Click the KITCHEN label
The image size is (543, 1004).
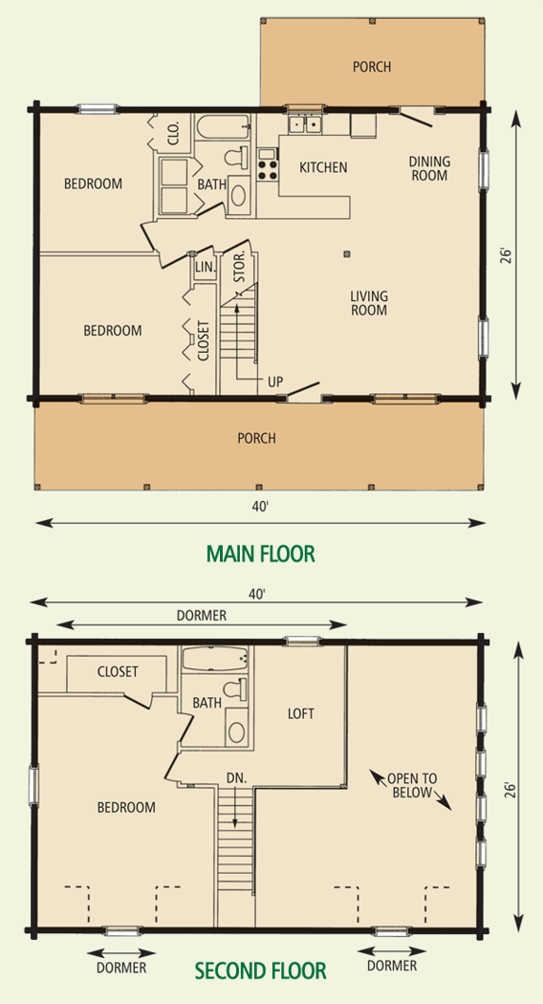[323, 167]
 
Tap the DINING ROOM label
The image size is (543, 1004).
[429, 168]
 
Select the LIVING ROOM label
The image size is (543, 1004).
[369, 303]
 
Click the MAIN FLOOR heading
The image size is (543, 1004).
[261, 554]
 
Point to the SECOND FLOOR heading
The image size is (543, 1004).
[261, 971]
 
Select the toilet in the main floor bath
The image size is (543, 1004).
[236, 156]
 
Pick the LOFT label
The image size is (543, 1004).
[301, 713]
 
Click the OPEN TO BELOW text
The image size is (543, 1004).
[412, 787]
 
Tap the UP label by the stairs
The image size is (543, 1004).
[274, 382]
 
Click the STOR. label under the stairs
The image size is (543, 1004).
[240, 270]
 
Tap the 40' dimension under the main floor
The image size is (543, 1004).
[259, 507]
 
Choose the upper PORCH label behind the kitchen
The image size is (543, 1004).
[371, 67]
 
